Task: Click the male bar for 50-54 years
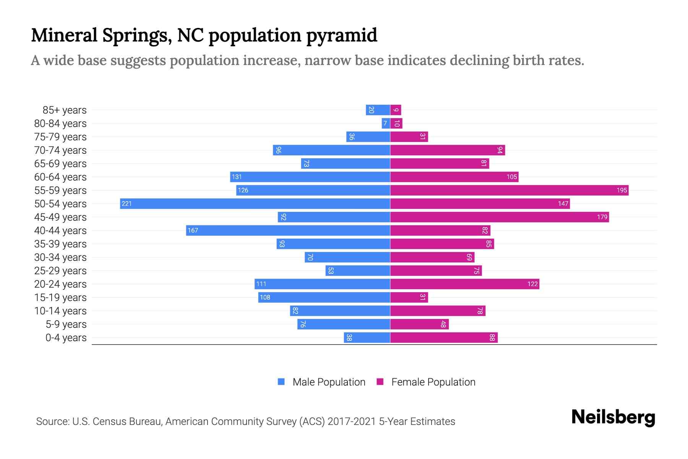pos(255,203)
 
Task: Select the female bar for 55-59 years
pos(509,190)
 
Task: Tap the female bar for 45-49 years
pos(499,217)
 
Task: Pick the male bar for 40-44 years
pos(288,230)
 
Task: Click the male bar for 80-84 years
pos(386,123)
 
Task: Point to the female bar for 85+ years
pos(396,110)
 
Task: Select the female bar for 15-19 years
pos(409,297)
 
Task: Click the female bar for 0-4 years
pos(444,337)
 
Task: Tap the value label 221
pos(127,203)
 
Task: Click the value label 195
pos(621,190)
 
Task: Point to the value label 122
pos(532,284)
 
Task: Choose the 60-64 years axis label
pos(60,177)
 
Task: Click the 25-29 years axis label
pos(60,270)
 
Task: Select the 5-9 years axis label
pos(66,324)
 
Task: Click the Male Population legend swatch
pos(281,382)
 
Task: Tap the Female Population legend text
pos(433,382)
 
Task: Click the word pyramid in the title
pos(342,35)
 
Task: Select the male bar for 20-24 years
pos(322,284)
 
